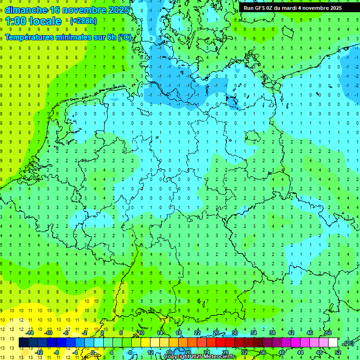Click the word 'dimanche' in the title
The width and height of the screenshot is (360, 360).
pos(26,10)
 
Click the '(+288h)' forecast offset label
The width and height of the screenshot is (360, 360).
pos(83,21)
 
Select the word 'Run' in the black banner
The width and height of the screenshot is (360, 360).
pos(248,8)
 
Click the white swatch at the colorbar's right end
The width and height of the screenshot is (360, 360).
pos(333,343)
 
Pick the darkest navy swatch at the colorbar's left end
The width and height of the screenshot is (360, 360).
pos(23,343)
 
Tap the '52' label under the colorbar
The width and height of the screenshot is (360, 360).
pos(338,352)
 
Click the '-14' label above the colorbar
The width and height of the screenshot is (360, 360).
pos(30,333)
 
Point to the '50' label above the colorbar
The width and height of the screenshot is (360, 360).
pos(329,333)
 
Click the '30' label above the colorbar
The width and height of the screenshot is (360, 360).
pos(235,333)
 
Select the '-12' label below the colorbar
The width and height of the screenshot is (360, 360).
pos(39,352)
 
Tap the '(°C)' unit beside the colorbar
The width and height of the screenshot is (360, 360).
pos(349,343)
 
